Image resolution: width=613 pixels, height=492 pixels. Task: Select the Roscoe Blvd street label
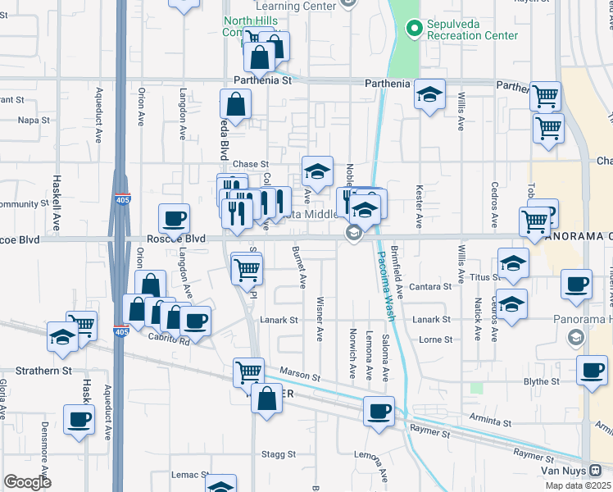[x=173, y=239]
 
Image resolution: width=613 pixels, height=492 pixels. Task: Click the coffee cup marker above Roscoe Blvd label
[x=174, y=219]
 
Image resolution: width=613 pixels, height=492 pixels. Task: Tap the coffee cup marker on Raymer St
[x=379, y=412]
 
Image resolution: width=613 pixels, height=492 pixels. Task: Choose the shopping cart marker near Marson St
[x=248, y=373]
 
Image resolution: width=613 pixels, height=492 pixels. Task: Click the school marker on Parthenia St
[x=429, y=95]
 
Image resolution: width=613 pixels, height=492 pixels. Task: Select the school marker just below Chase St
[x=317, y=172]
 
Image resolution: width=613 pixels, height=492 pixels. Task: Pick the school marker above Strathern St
[x=63, y=338]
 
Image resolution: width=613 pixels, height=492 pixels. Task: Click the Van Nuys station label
[x=565, y=471]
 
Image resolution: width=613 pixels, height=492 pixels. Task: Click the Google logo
[x=27, y=482]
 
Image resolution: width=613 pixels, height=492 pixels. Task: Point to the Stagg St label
[x=279, y=453]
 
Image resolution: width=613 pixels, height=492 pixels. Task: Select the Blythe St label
[x=540, y=381]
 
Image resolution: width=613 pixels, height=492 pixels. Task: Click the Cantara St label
[x=432, y=287]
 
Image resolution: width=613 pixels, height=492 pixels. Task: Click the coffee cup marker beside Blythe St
[x=591, y=371]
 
